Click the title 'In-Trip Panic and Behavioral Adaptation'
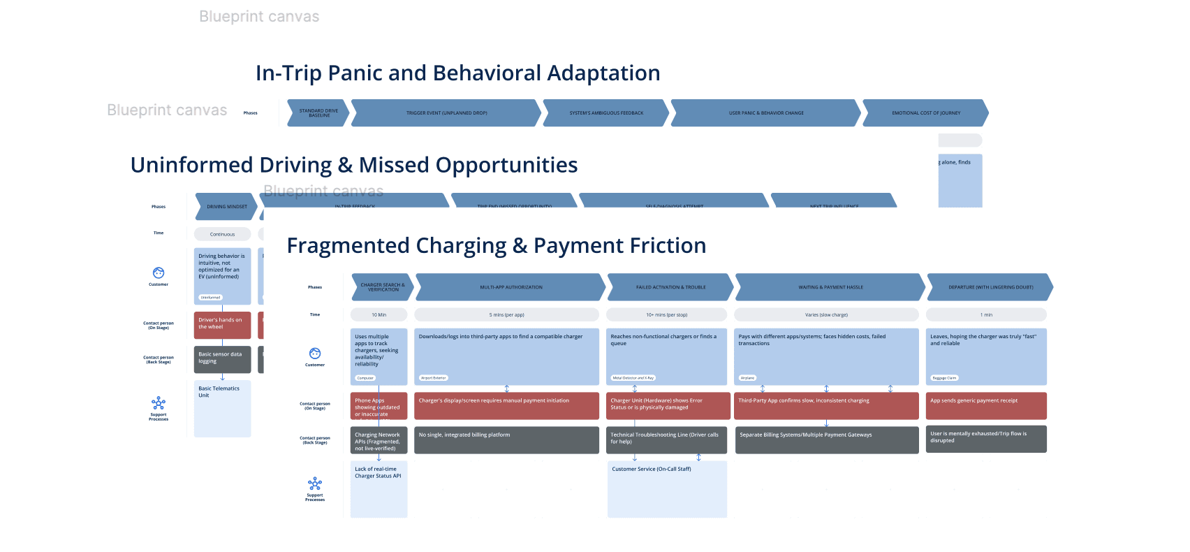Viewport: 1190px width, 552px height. tap(457, 73)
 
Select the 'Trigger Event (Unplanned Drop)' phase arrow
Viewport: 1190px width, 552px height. tap(446, 113)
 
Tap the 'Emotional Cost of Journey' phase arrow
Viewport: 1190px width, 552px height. tap(925, 113)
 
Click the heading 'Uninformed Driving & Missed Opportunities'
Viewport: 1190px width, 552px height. tap(353, 166)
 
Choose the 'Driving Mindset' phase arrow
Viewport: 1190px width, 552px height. tap(226, 207)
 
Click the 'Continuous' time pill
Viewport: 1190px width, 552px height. tap(222, 234)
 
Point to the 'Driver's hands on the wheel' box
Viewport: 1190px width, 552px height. tap(222, 325)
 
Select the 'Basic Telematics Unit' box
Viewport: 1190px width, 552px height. tap(222, 408)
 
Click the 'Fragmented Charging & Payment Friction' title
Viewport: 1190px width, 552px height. tap(497, 246)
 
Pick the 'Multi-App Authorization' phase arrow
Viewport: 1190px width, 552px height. tap(510, 287)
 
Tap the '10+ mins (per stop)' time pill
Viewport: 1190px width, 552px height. tap(666, 315)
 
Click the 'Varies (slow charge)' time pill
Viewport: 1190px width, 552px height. tap(826, 315)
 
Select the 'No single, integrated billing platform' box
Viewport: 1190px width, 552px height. tap(506, 440)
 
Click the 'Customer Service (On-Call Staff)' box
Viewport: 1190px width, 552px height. tap(667, 488)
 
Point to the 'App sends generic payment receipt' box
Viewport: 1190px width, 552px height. tap(986, 405)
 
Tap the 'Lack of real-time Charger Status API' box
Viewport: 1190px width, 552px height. tap(379, 488)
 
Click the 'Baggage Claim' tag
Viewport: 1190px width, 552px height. tap(944, 378)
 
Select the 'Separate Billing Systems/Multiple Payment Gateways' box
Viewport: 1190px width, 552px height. tap(827, 440)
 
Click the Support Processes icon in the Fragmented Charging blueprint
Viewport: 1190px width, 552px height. tap(315, 484)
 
